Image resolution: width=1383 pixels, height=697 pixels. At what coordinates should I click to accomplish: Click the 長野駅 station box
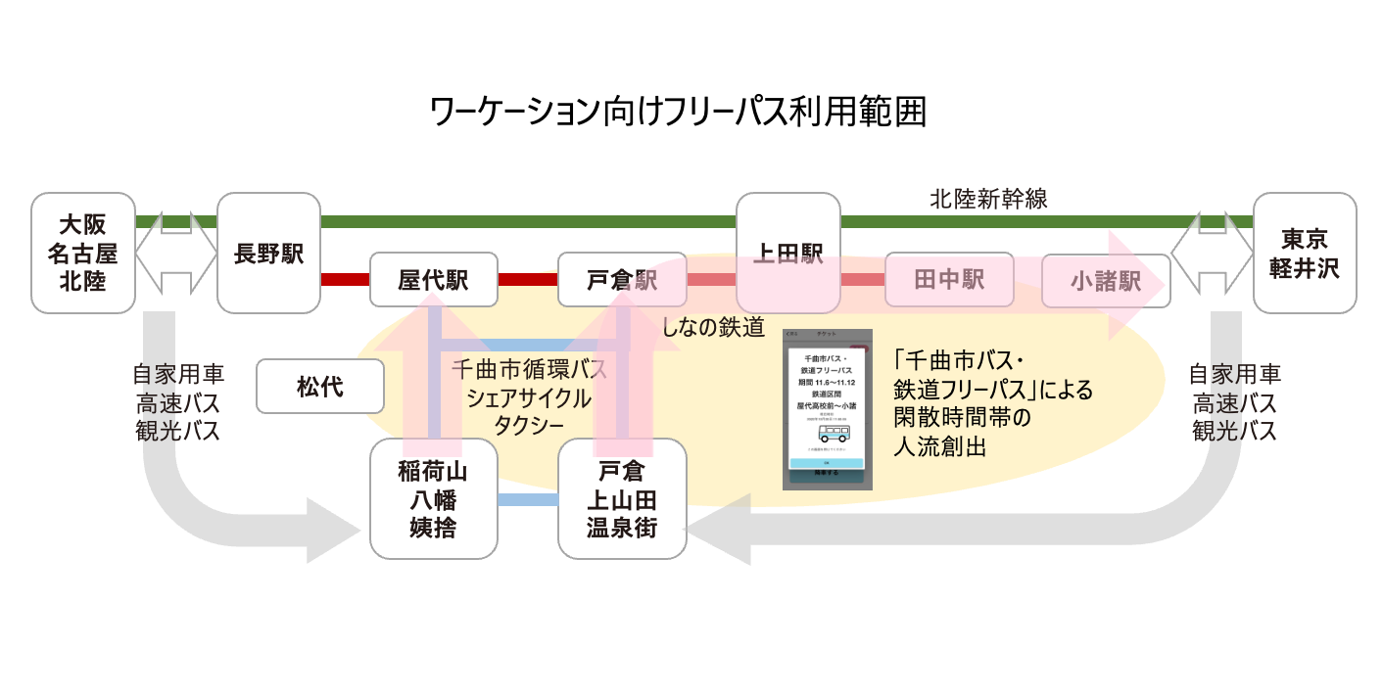click(x=268, y=253)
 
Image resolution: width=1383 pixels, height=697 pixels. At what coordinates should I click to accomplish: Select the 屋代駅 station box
click(x=433, y=280)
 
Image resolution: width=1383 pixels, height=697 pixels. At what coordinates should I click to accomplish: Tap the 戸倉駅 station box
click(x=621, y=280)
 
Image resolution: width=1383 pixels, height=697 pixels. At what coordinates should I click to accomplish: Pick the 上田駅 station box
click(x=787, y=253)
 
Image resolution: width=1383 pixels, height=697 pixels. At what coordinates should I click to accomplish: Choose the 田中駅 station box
click(x=948, y=280)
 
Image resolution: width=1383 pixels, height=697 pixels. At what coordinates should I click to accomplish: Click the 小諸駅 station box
click(x=1105, y=281)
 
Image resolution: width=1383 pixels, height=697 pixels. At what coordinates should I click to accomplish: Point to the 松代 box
click(x=319, y=386)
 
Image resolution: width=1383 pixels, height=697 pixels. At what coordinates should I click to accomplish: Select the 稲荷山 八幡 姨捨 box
click(x=433, y=499)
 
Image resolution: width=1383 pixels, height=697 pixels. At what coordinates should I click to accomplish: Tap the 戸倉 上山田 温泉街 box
click(x=621, y=499)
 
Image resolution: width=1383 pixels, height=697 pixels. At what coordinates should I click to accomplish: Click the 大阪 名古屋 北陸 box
click(x=82, y=253)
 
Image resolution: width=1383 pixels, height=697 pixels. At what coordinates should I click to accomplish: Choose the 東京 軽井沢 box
click(x=1304, y=253)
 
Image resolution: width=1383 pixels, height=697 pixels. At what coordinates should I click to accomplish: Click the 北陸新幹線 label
click(x=988, y=200)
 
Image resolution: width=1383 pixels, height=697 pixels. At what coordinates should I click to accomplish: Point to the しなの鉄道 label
click(x=713, y=327)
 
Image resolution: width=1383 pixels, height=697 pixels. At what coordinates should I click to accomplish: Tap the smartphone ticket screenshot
click(x=827, y=409)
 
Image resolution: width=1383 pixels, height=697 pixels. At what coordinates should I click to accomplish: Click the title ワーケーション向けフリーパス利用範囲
click(x=678, y=112)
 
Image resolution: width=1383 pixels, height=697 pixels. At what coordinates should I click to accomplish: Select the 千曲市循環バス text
click(x=529, y=371)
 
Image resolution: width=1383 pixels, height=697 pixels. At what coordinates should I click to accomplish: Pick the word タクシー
click(x=529, y=426)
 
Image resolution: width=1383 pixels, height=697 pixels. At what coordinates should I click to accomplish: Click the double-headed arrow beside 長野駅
click(x=175, y=253)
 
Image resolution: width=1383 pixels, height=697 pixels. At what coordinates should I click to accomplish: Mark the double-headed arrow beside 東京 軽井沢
click(x=1212, y=253)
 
